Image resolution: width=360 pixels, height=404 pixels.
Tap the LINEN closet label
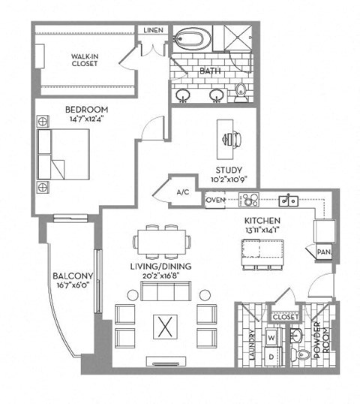tap(153, 30)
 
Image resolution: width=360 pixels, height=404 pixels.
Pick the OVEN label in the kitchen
tap(216, 200)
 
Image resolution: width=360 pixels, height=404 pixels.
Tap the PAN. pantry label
tap(324, 252)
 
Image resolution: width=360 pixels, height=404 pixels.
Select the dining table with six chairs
tap(161, 243)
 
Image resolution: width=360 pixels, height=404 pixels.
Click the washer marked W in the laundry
tap(271, 337)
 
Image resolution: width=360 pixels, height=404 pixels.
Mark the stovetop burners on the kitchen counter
tap(248, 200)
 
